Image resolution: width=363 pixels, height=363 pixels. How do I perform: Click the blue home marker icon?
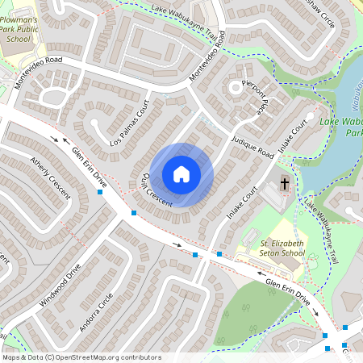point(181,173)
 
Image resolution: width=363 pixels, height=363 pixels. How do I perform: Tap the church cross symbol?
point(285,185)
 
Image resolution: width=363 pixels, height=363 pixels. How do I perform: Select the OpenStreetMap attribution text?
point(81,357)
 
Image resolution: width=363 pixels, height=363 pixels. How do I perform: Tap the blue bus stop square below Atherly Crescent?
point(100,193)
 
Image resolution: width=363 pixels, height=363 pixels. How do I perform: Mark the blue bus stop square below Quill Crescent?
point(134,213)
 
